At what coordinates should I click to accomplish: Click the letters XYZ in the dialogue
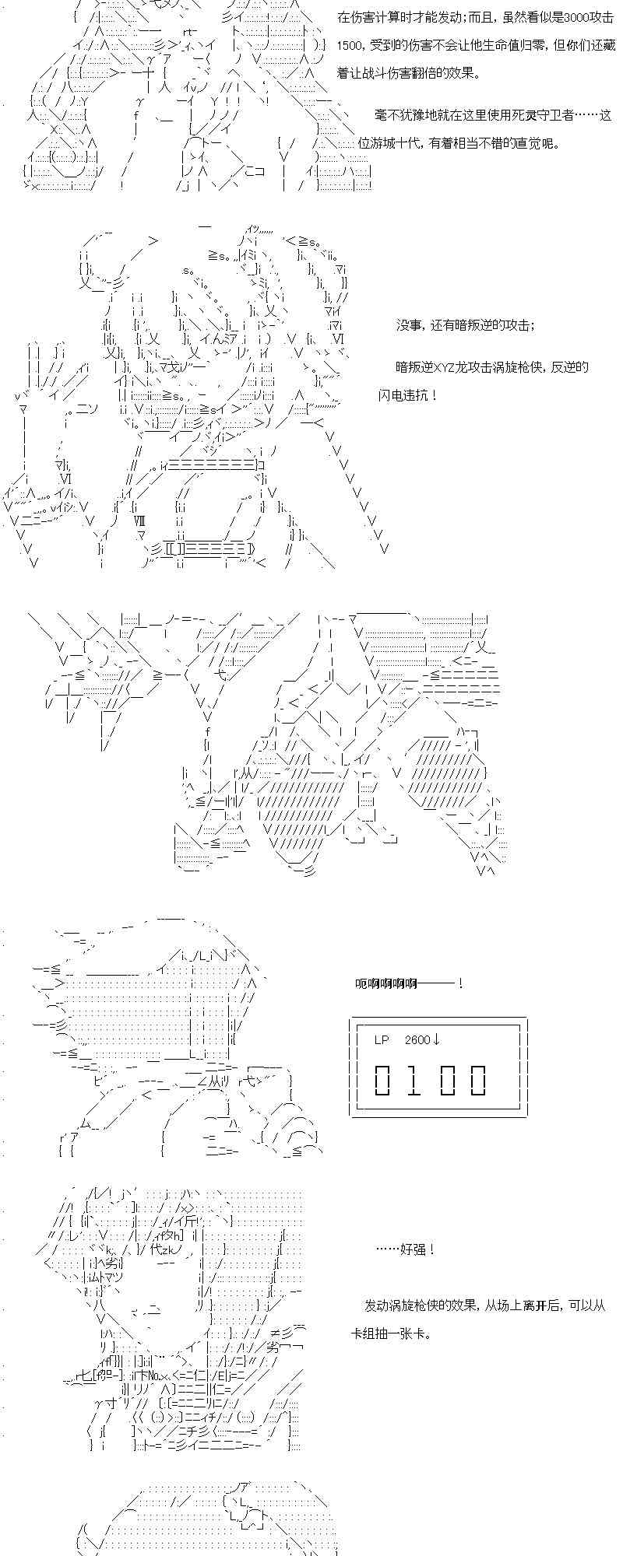pyautogui.click(x=446, y=366)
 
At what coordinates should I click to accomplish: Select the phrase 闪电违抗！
pyautogui.click(x=406, y=395)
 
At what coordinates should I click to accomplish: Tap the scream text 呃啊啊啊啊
pyautogui.click(x=386, y=983)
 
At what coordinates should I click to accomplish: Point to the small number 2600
pyautogui.click(x=418, y=1039)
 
